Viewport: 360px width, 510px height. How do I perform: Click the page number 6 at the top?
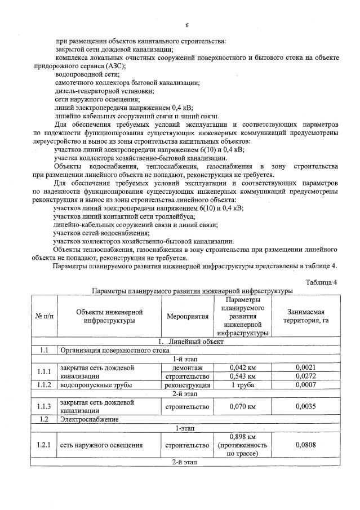(186, 25)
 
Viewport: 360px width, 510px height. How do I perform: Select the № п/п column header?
(44, 316)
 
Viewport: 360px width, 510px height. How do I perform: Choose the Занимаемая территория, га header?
(305, 316)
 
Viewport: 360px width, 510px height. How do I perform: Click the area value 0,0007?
(305, 385)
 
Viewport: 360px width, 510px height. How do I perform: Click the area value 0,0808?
(305, 445)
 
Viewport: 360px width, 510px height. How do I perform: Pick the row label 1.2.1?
(44, 445)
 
